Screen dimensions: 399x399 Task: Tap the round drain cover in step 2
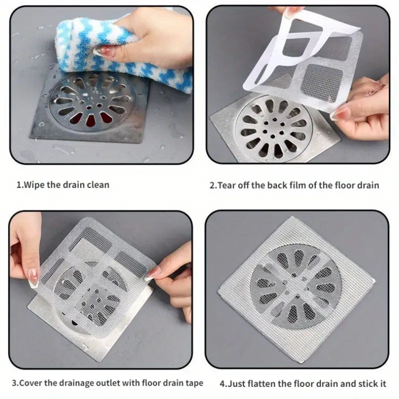click(274, 128)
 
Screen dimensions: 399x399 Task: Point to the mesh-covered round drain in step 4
click(296, 286)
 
